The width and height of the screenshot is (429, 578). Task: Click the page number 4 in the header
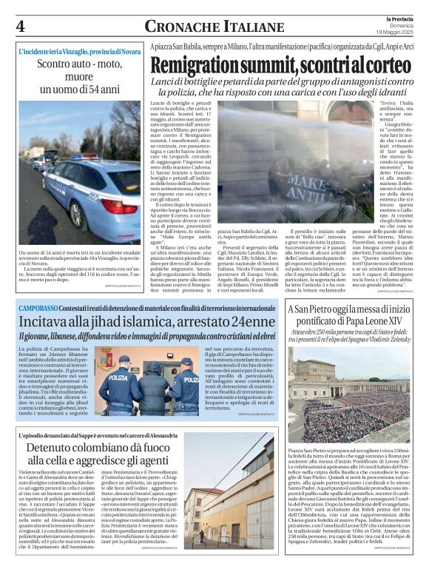[20, 26]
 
